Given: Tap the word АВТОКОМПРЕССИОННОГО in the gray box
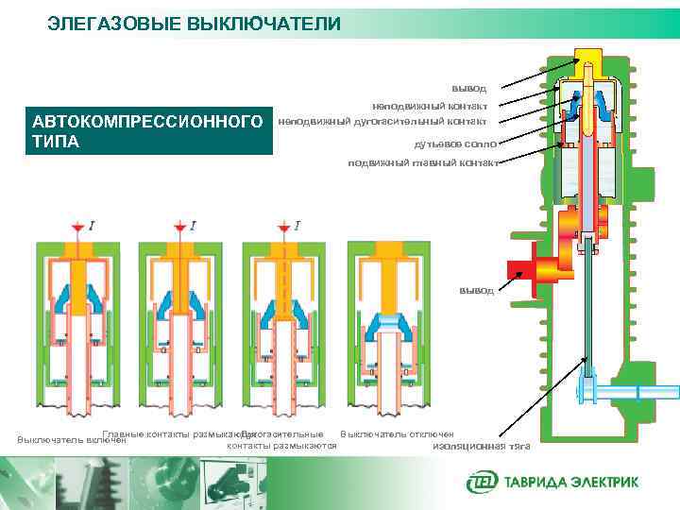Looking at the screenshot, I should tap(146, 123).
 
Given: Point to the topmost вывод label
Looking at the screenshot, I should tap(468, 88).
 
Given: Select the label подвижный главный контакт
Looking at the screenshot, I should tap(423, 162).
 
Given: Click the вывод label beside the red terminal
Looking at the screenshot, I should tap(476, 291).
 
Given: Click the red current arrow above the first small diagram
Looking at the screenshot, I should tap(76, 229).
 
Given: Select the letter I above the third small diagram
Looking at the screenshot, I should tap(297, 226).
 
